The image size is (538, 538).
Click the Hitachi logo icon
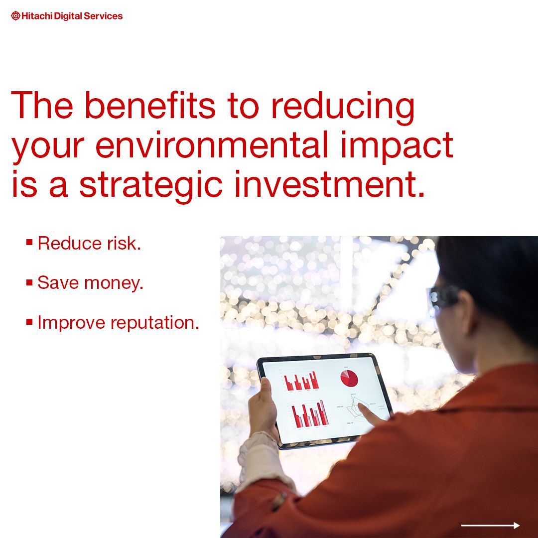click(x=15, y=16)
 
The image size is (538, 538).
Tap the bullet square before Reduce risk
click(x=29, y=243)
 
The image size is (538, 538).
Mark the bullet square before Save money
click(x=29, y=282)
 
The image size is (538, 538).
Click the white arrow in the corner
click(x=490, y=525)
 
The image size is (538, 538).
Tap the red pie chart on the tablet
click(x=349, y=378)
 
